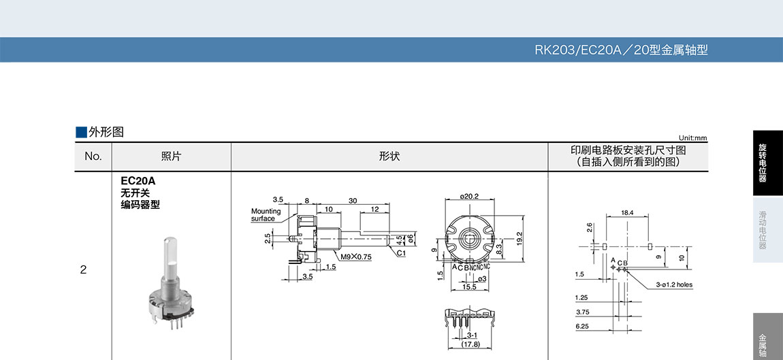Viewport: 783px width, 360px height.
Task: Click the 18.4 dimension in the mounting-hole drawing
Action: pyautogui.click(x=627, y=213)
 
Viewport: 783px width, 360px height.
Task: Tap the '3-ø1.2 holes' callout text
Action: pyautogui.click(x=675, y=285)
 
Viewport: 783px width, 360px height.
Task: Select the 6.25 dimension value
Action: pyautogui.click(x=581, y=325)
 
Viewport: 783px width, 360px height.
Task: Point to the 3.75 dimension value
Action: pyautogui.click(x=581, y=312)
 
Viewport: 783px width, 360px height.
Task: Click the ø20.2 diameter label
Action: pyautogui.click(x=469, y=196)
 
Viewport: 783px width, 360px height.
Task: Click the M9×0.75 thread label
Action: pyautogui.click(x=357, y=257)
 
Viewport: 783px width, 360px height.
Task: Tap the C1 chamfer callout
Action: pyautogui.click(x=401, y=253)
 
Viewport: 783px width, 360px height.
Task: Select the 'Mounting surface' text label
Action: pyautogui.click(x=266, y=214)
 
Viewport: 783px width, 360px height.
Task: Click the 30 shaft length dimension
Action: pyautogui.click(x=353, y=201)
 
